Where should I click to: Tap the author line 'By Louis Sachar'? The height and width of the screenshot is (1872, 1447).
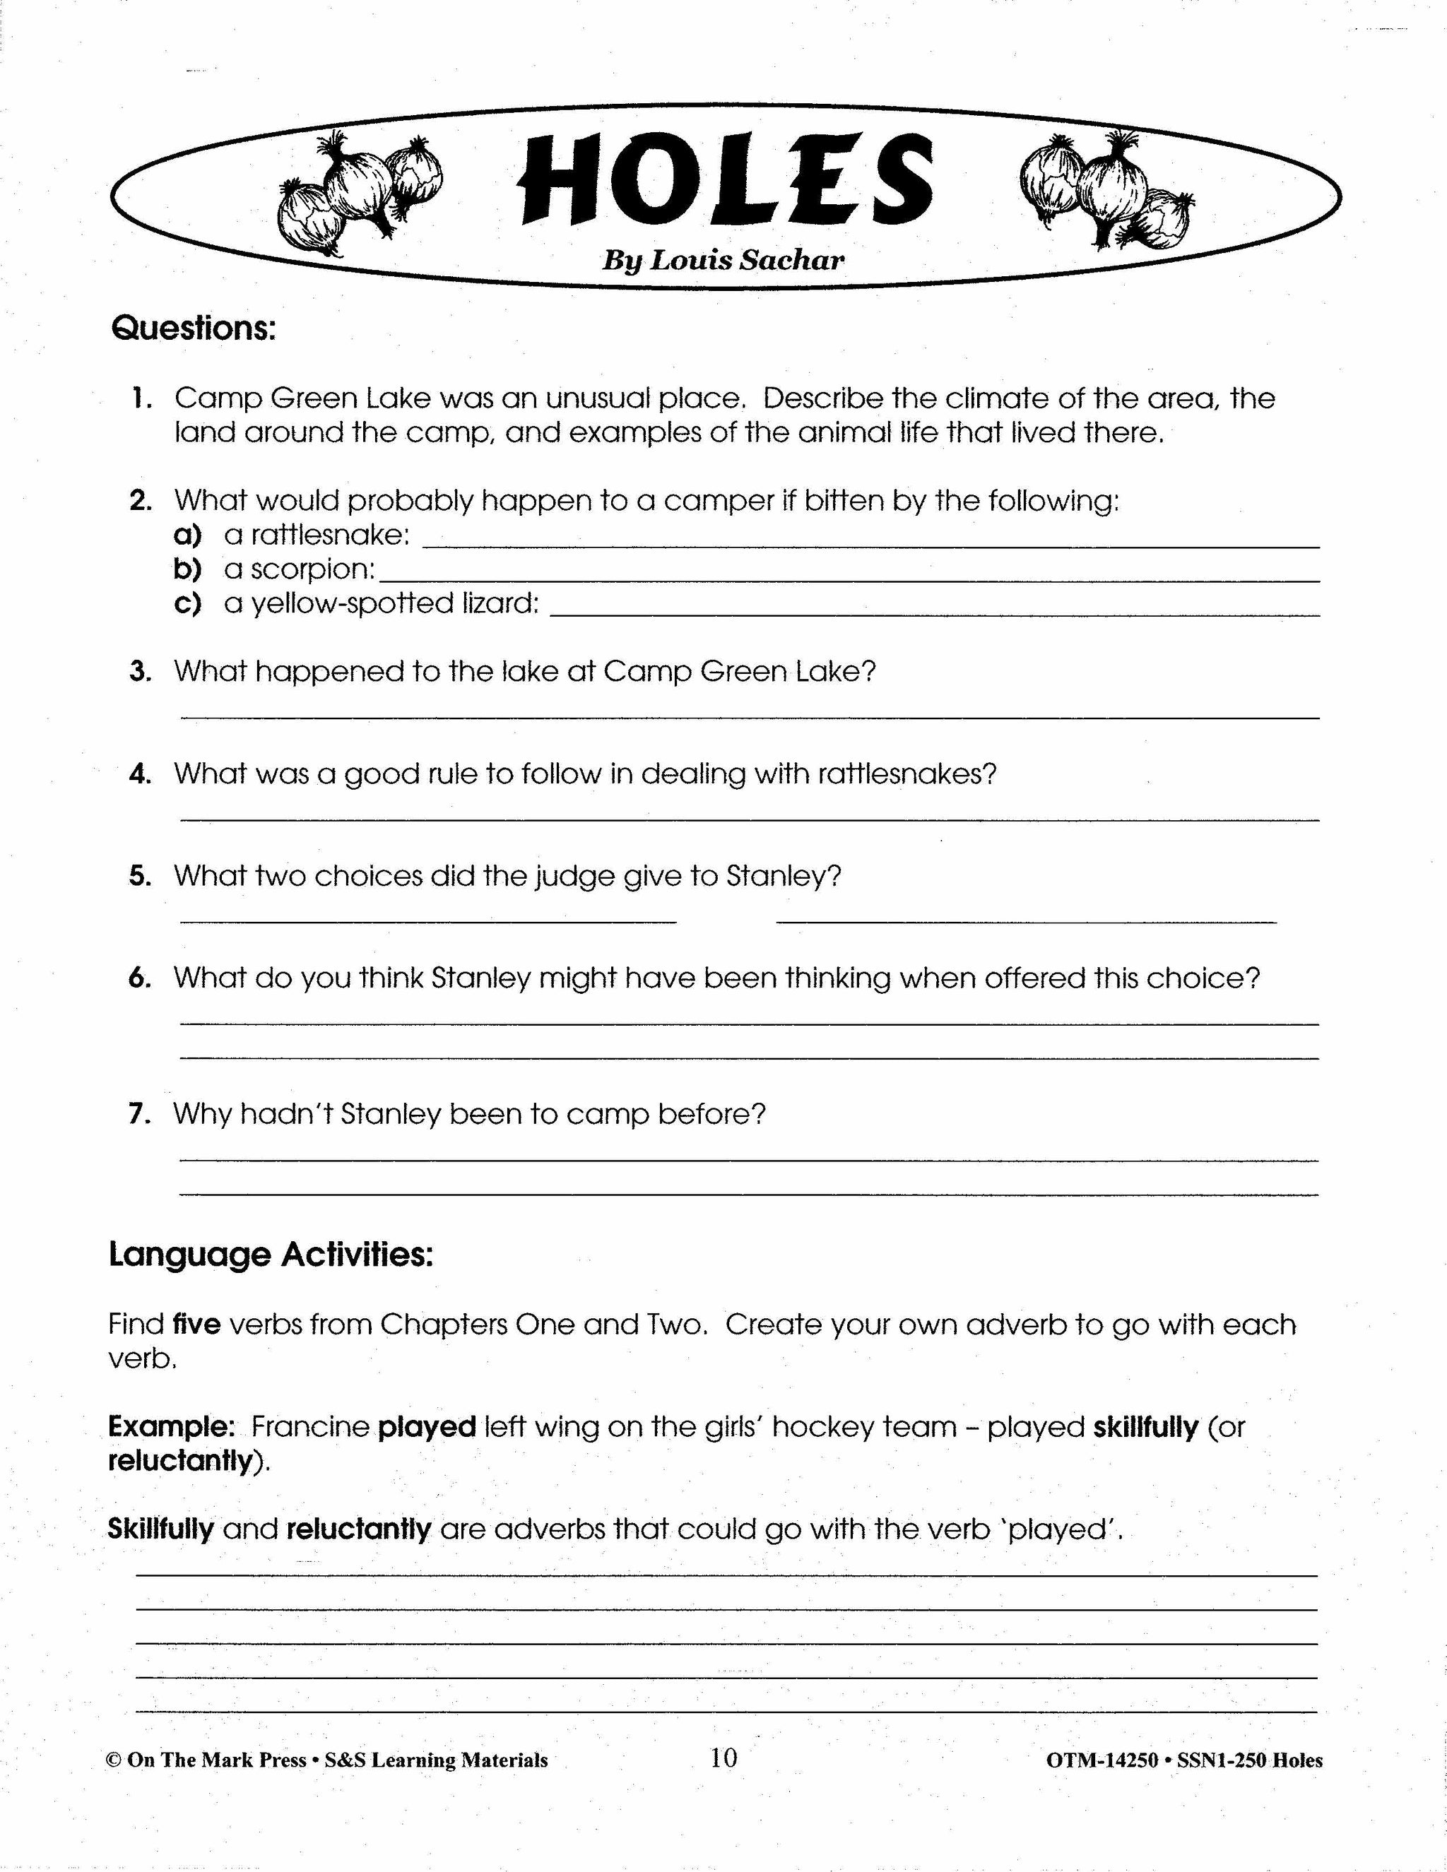pyautogui.click(x=723, y=261)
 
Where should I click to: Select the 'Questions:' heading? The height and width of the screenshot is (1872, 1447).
pyautogui.click(x=194, y=328)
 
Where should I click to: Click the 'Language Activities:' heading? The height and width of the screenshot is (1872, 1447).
pyautogui.click(x=271, y=1255)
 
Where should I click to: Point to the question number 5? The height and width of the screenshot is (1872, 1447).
pyautogui.click(x=140, y=876)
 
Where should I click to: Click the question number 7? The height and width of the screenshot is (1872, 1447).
pyautogui.click(x=140, y=1114)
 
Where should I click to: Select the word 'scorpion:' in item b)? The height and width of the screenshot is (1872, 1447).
pyautogui.click(x=313, y=569)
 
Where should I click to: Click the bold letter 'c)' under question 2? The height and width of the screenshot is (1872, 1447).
pyautogui.click(x=187, y=603)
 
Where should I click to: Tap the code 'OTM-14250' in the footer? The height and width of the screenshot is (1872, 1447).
pyautogui.click(x=1102, y=1760)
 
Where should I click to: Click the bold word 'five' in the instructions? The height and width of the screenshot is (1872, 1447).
pyautogui.click(x=197, y=1325)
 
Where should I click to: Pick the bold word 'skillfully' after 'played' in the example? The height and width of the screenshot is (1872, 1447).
pyautogui.click(x=1145, y=1427)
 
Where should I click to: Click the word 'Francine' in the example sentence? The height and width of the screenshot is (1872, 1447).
pyautogui.click(x=310, y=1427)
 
